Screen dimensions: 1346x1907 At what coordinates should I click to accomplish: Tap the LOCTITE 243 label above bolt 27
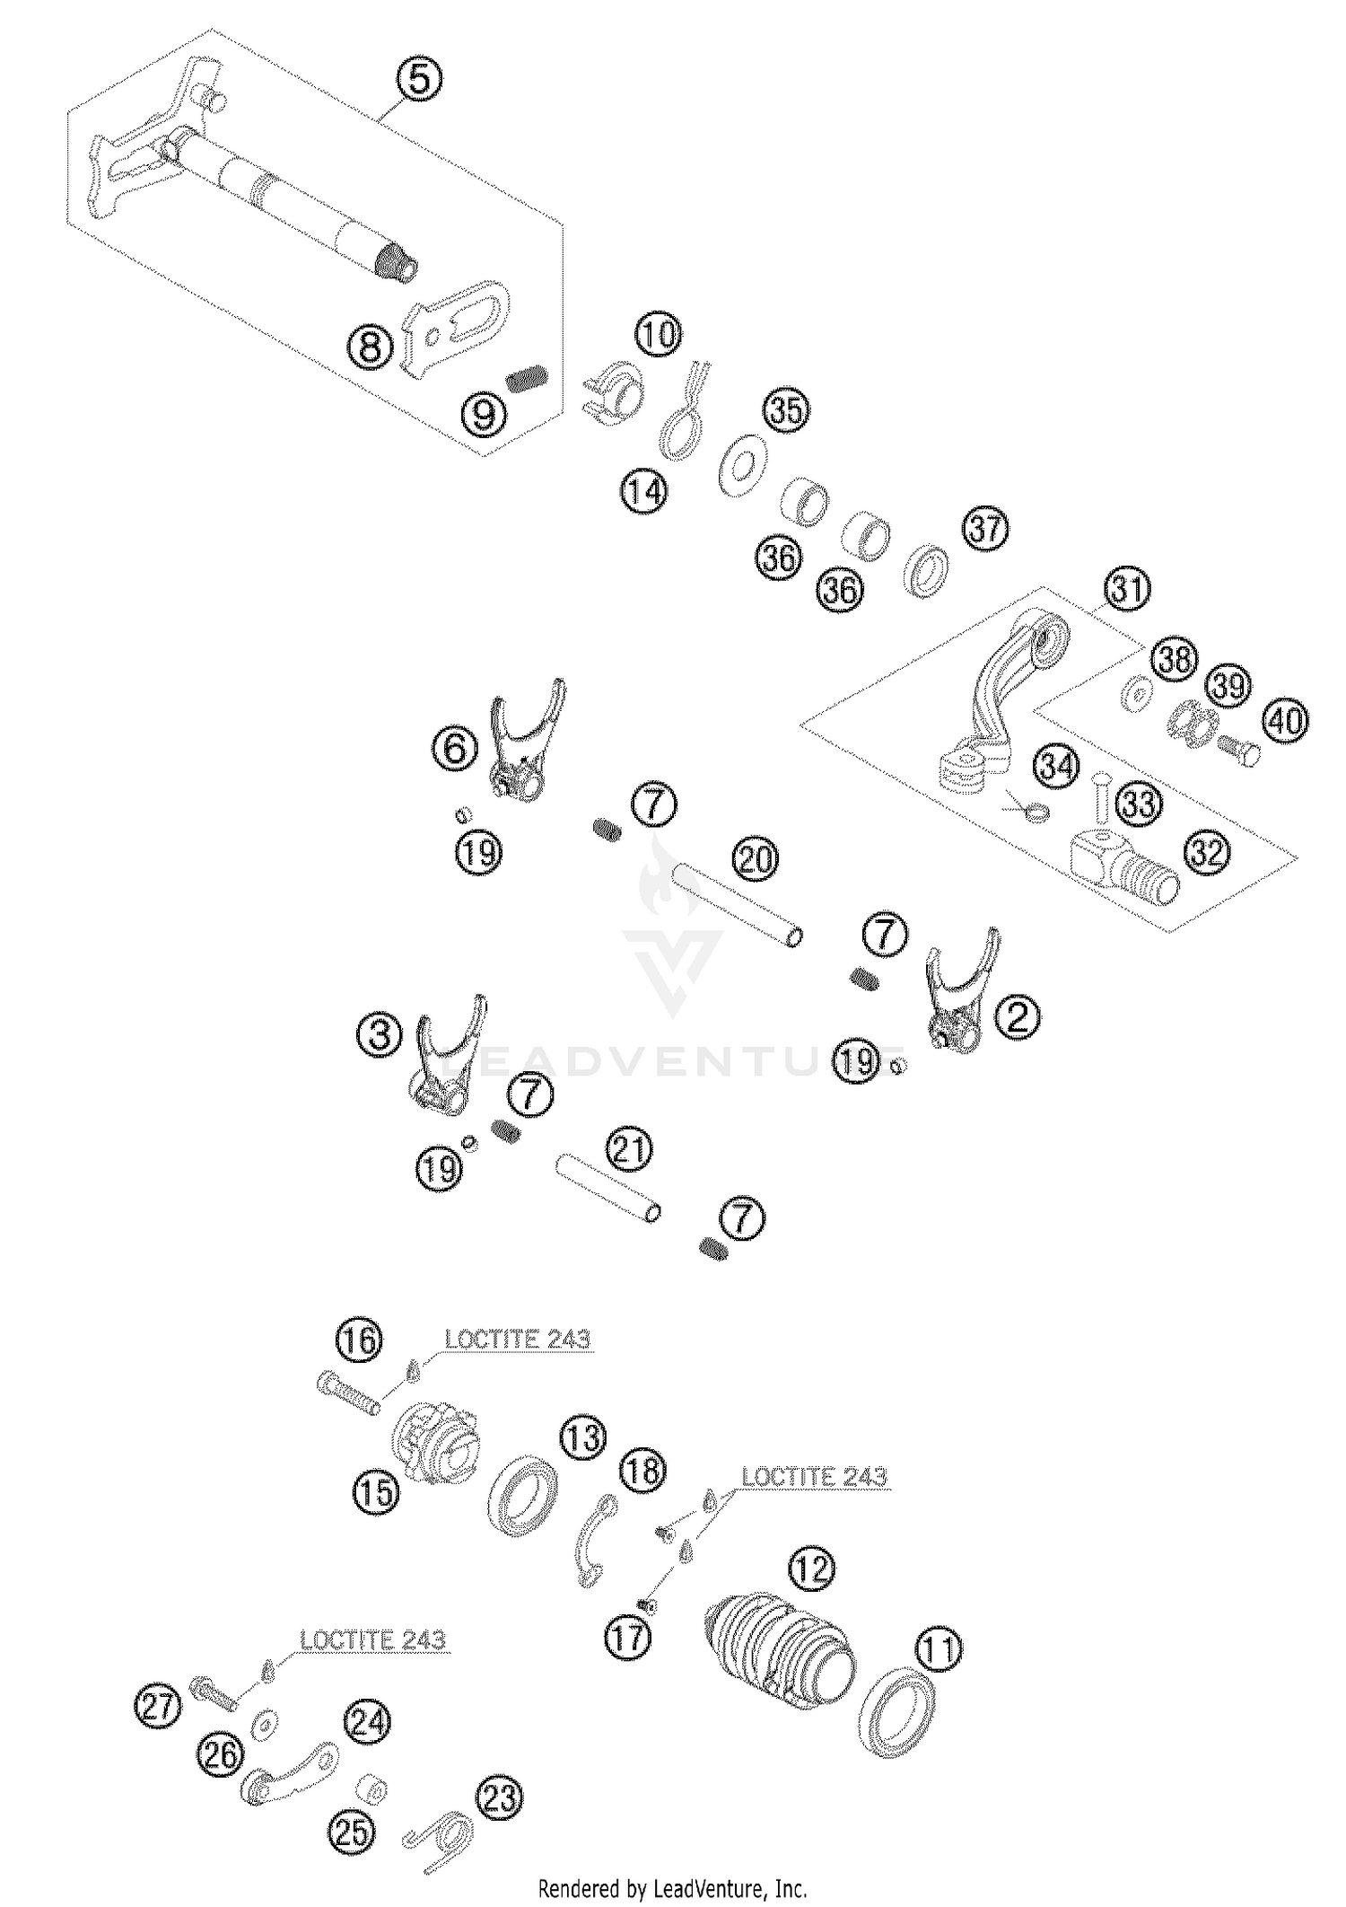tap(372, 1640)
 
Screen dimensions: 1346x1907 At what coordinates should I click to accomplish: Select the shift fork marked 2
tap(959, 992)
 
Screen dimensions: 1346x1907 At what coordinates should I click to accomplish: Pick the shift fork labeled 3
tap(450, 1058)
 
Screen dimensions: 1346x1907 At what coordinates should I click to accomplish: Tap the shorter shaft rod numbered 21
tap(607, 1186)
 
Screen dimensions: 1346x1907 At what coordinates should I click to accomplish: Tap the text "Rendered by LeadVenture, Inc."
tap(673, 1887)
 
